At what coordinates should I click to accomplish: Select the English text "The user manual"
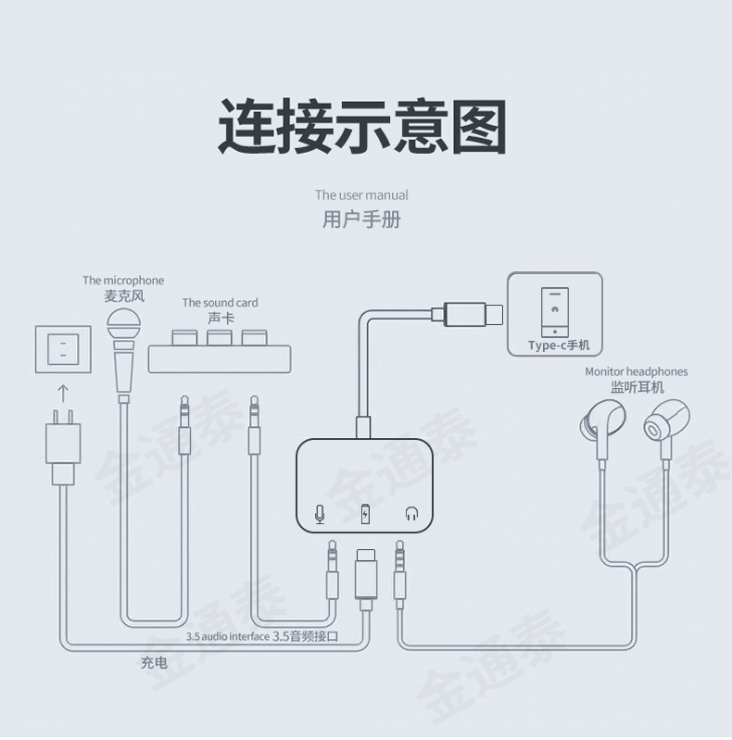tap(361, 195)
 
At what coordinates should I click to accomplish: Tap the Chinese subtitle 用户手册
tap(361, 220)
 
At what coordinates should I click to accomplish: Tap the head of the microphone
tap(124, 327)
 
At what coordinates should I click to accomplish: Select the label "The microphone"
tap(123, 281)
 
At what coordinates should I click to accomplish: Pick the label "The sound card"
tap(220, 303)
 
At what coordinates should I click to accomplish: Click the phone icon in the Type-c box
tap(555, 312)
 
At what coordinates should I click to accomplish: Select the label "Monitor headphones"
tap(636, 372)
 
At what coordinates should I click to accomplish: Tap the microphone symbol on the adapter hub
tap(320, 513)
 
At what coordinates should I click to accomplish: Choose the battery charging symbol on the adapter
tap(366, 513)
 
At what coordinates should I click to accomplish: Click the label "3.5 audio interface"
tap(228, 637)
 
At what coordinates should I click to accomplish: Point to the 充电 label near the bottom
tap(154, 663)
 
